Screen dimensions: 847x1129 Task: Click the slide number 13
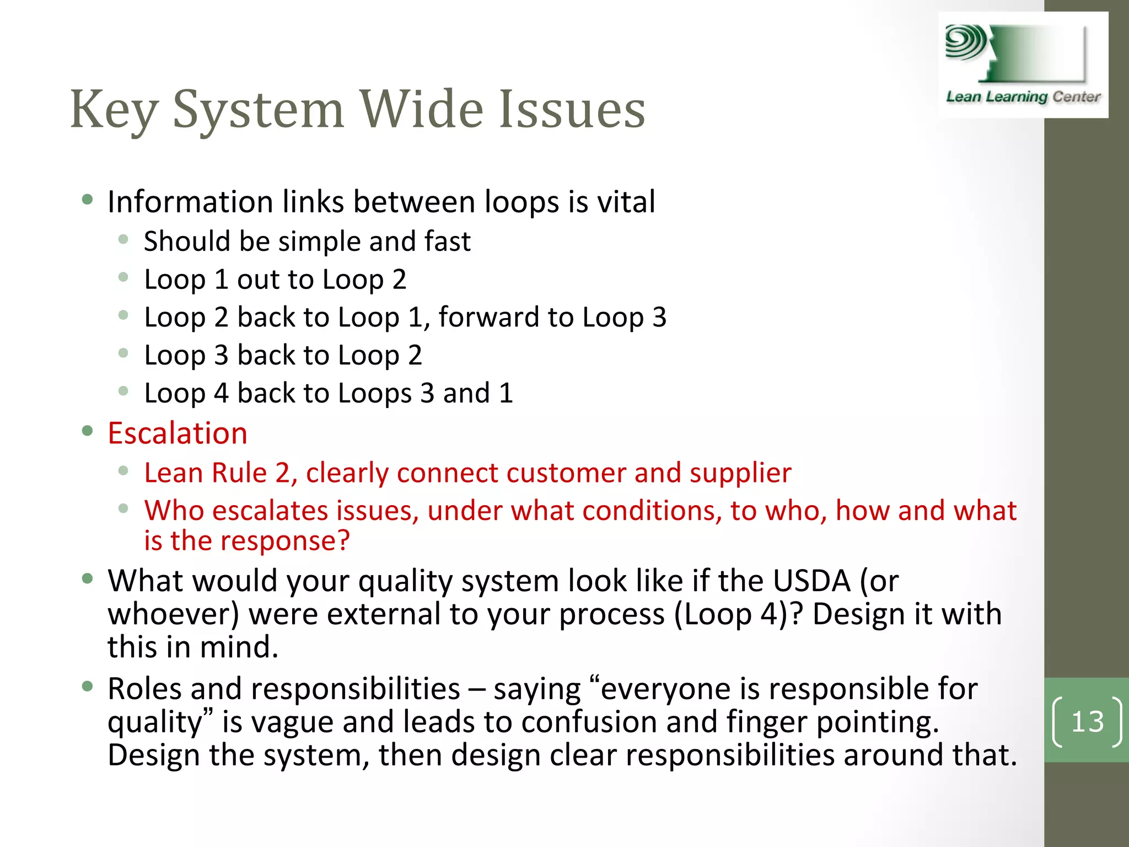coord(1087,721)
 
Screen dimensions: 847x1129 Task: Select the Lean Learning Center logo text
coord(1023,97)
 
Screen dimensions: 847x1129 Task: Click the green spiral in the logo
coord(965,42)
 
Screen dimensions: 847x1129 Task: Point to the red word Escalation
coord(178,433)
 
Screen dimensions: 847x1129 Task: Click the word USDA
coord(811,581)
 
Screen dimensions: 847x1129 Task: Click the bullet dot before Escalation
coord(87,430)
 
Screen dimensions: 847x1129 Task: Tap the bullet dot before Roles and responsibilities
coord(87,686)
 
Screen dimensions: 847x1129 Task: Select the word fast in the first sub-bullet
coord(447,242)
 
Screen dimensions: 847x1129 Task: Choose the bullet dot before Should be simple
coord(123,239)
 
